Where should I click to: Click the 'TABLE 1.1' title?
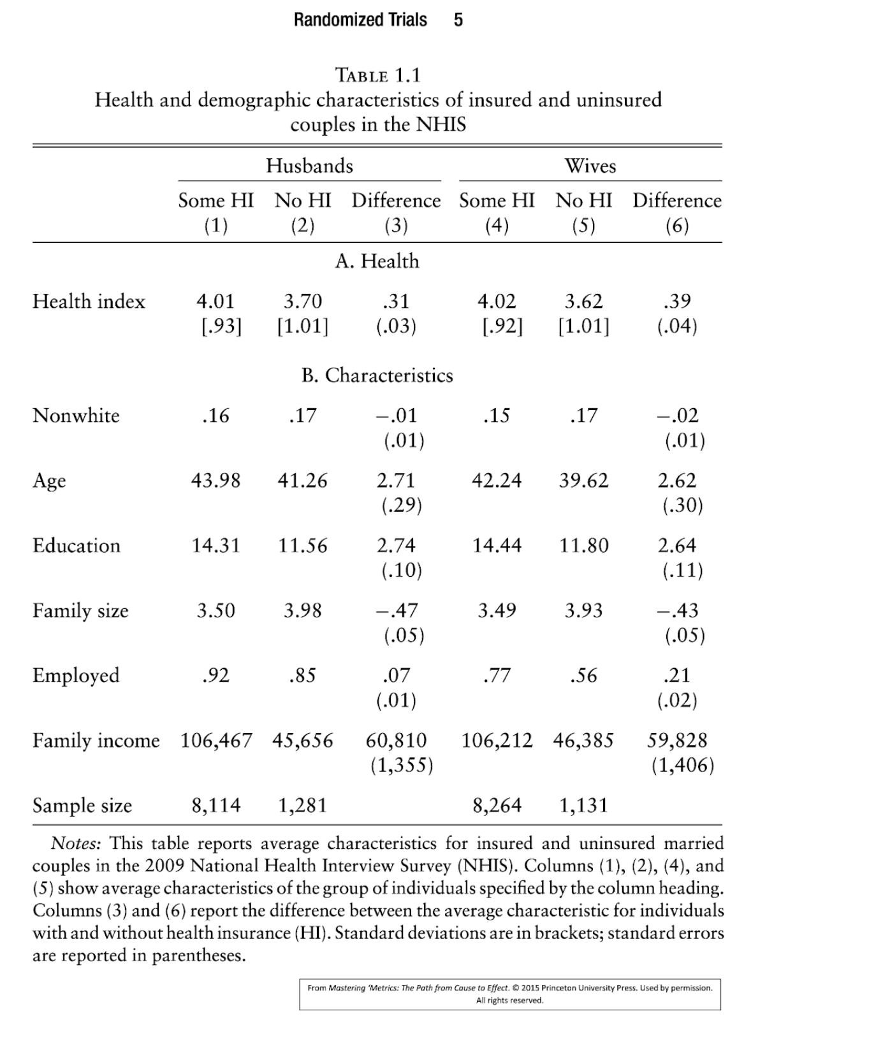377,75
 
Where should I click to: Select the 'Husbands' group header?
309,166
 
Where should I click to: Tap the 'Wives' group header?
590,166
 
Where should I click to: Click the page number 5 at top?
458,20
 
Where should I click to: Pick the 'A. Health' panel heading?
377,261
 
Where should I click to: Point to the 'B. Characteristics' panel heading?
377,375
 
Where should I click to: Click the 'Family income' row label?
96,741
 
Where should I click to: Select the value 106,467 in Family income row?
216,741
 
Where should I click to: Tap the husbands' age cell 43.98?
215,481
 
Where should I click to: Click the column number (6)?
676,226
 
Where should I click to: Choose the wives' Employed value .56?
583,676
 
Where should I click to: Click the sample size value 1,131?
583,806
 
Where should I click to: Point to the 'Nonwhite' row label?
76,416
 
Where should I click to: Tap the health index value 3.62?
583,302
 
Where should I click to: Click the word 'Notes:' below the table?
75,843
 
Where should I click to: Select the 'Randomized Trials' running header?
360,20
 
